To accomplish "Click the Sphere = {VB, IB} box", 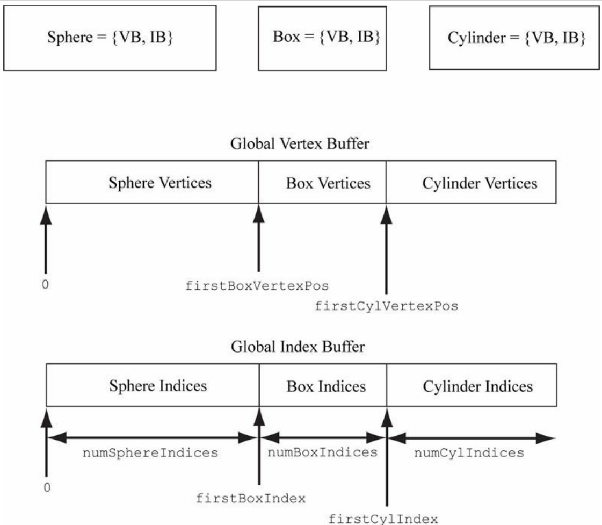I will point(111,38).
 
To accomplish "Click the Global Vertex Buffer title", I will point(300,144).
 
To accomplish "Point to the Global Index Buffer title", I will point(298,347).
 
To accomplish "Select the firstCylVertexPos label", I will point(387,307).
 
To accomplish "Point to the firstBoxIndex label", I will point(251,498).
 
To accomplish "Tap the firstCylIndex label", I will point(383,519).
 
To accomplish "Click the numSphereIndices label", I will point(150,453).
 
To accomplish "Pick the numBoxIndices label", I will point(322,452).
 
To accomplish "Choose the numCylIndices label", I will point(469,453).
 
